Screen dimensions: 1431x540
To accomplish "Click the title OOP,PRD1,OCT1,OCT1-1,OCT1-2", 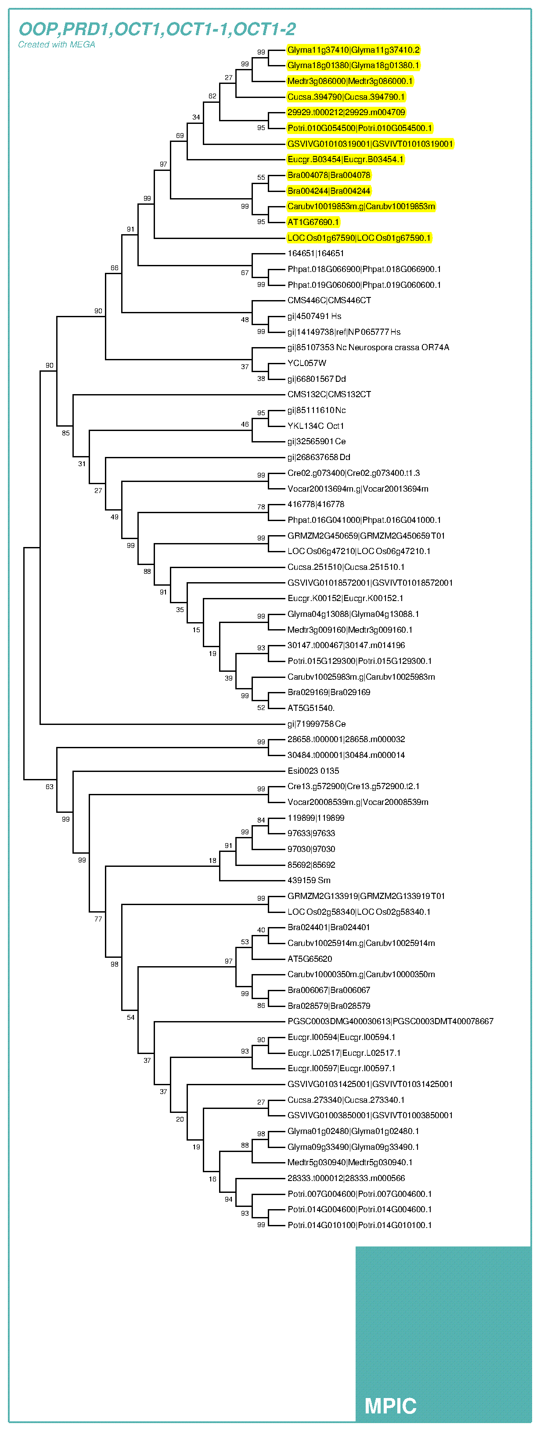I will (x=157, y=29).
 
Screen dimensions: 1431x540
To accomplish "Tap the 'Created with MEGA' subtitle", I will (x=57, y=45).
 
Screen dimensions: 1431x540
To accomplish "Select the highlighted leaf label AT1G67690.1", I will (x=313, y=222).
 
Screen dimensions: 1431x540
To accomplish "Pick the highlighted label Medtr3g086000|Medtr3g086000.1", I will (x=349, y=81).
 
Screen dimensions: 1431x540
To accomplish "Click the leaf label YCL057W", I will (x=306, y=363).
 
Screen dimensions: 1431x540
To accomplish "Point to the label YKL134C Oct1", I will (x=315, y=426).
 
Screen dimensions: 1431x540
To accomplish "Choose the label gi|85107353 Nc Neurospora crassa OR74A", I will (x=368, y=348).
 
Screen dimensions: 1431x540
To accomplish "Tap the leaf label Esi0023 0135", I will (x=313, y=771).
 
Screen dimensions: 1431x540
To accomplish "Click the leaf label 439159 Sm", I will (x=309, y=880).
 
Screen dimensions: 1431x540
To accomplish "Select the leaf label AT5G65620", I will (x=310, y=959).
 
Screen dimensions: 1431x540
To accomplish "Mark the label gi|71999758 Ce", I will (x=317, y=724).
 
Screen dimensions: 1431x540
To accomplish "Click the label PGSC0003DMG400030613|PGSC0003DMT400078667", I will (x=390, y=1022).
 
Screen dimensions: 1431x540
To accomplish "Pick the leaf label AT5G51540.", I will (x=311, y=708).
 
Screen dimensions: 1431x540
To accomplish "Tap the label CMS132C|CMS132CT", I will (x=329, y=395).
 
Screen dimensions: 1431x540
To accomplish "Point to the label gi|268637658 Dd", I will (x=319, y=457).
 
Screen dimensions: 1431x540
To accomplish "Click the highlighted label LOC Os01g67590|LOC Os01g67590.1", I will (x=359, y=238).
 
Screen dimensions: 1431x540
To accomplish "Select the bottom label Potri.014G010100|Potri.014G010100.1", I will (x=359, y=1225).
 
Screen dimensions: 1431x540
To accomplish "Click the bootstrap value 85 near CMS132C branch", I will (x=65, y=433).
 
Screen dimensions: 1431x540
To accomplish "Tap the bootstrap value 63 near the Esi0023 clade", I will (x=50, y=786).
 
